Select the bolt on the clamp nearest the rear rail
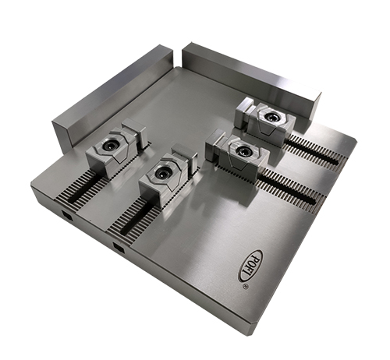pos(270,117)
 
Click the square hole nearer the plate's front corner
pos(118,249)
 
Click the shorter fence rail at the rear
pos(250,78)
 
